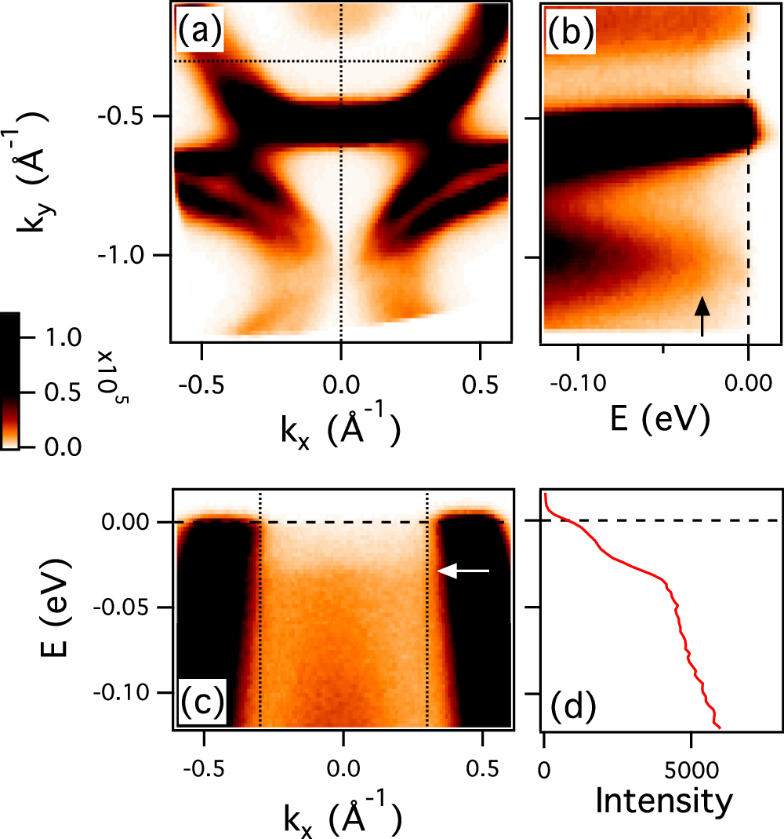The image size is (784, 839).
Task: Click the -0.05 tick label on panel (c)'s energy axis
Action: click(x=129, y=608)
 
